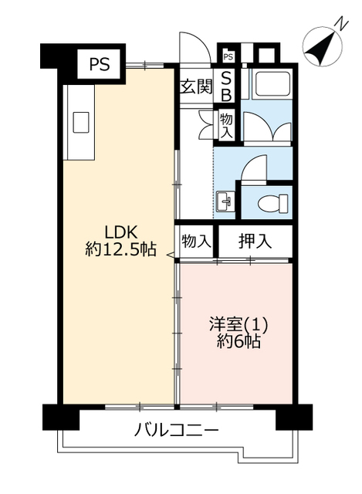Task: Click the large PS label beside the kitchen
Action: click(x=100, y=65)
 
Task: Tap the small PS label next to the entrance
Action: click(x=228, y=57)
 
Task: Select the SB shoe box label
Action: click(x=226, y=86)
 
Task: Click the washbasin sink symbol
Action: click(x=225, y=201)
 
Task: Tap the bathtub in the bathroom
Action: click(x=273, y=83)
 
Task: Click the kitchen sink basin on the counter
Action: click(x=81, y=122)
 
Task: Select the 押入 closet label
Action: click(x=255, y=242)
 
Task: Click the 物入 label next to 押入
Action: click(x=196, y=242)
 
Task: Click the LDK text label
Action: click(x=120, y=233)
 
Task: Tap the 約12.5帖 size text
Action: click(x=120, y=250)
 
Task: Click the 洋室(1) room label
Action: click(x=239, y=325)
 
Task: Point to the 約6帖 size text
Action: click(x=239, y=341)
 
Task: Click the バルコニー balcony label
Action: click(x=176, y=429)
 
